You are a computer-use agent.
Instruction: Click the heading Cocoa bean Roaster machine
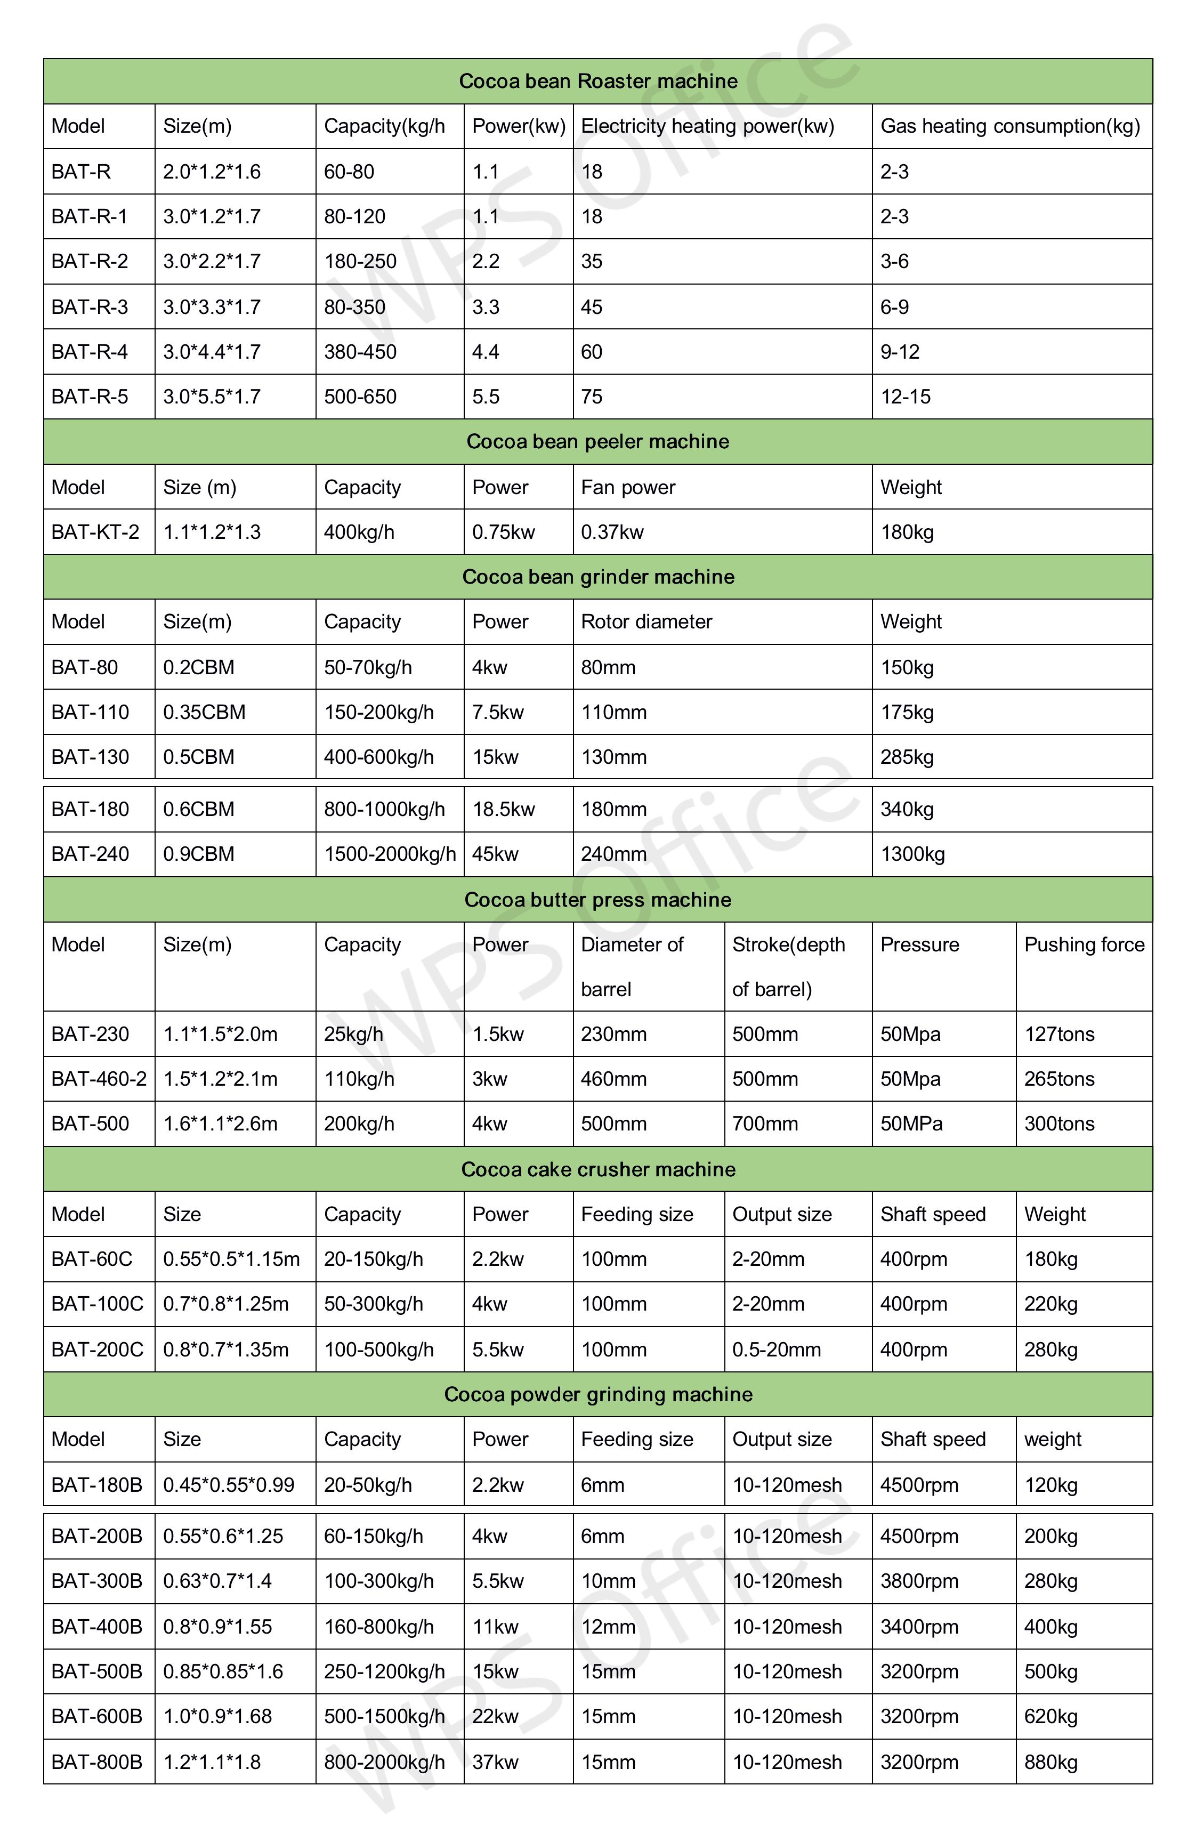597,81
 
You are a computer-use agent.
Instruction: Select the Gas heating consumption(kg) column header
1010,126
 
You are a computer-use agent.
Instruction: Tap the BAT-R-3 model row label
90,307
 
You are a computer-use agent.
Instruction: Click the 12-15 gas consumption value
906,397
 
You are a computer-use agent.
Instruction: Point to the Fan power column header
628,488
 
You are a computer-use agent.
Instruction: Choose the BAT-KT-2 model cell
95,532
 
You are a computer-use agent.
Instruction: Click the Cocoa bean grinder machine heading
597,577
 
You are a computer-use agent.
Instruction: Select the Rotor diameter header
647,622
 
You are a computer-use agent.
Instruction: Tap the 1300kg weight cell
912,854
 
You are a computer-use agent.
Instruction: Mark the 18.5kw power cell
504,810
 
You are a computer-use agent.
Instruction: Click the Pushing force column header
1084,945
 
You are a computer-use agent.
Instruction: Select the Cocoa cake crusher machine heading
597,1169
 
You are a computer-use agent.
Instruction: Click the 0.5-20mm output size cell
777,1350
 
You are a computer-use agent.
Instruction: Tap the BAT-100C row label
98,1305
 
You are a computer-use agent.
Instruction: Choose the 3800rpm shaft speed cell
919,1581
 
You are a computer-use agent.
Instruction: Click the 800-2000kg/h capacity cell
384,1762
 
